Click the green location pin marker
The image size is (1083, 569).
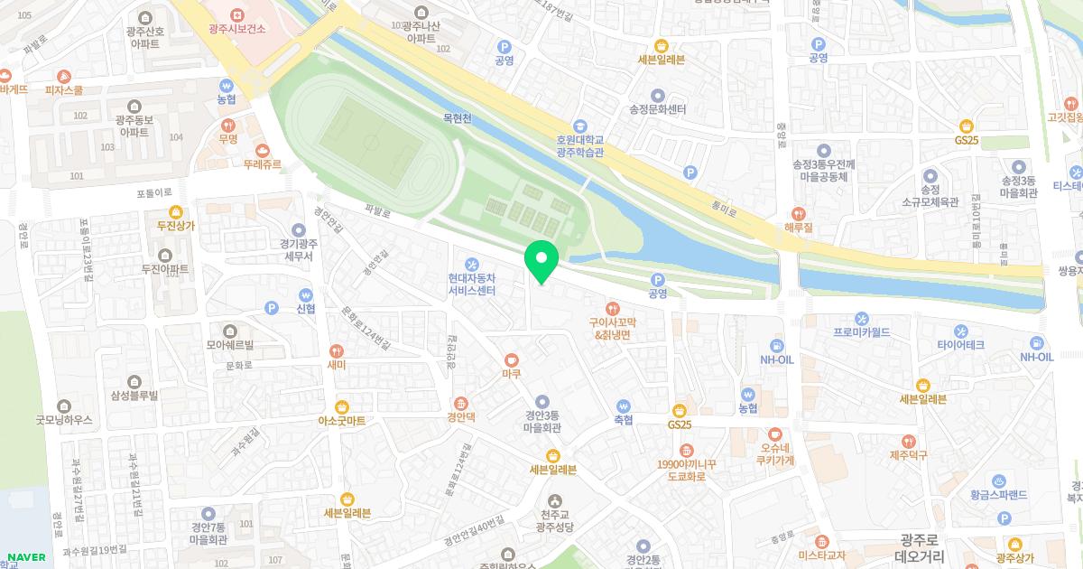click(x=541, y=261)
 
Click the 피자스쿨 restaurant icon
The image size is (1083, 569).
click(x=63, y=76)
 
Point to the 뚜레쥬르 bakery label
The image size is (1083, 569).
click(x=262, y=164)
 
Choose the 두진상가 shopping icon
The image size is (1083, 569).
click(x=174, y=211)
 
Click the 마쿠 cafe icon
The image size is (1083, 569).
click(x=512, y=359)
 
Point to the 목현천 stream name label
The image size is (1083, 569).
click(x=458, y=118)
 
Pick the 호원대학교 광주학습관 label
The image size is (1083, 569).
click(x=579, y=146)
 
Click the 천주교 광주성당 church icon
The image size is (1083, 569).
click(x=553, y=500)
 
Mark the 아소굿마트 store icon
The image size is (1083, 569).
click(x=342, y=406)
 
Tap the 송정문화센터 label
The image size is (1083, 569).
click(x=657, y=109)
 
